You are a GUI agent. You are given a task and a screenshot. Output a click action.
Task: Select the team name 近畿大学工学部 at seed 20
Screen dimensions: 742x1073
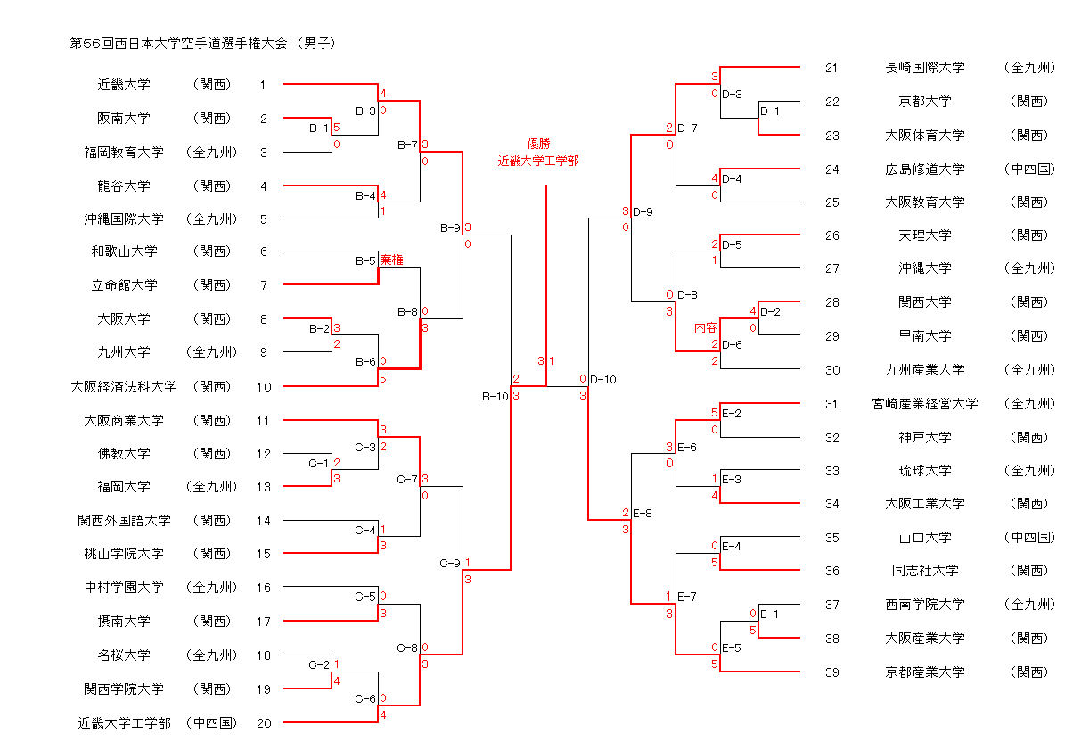point(124,723)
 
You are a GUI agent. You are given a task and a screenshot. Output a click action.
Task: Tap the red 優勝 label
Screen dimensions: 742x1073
point(538,144)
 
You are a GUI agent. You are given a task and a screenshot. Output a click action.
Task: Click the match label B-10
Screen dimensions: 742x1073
point(495,396)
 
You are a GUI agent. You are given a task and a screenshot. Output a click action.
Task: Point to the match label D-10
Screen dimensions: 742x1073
point(602,380)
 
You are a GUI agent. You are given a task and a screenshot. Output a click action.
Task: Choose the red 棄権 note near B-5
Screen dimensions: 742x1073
point(391,260)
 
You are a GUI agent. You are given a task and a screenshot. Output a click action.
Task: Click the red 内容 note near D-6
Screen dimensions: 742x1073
point(706,328)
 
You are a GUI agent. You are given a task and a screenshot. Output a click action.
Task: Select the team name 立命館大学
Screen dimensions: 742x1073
point(124,285)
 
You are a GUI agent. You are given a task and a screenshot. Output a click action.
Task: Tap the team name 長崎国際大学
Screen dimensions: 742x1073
point(925,67)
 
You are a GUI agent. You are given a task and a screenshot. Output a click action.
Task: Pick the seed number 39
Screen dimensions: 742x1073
point(831,672)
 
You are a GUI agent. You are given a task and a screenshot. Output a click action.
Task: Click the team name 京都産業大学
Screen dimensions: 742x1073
point(925,672)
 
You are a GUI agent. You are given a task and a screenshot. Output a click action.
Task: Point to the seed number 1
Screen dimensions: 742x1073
point(263,85)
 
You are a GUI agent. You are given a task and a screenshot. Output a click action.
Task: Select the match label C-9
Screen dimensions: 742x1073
point(450,564)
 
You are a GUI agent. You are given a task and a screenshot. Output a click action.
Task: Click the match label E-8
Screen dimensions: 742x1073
point(643,513)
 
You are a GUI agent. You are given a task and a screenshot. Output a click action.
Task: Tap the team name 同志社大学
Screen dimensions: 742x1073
point(925,571)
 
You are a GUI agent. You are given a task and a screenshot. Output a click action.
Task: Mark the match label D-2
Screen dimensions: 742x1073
point(771,311)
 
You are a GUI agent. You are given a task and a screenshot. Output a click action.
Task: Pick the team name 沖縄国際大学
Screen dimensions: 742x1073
point(124,218)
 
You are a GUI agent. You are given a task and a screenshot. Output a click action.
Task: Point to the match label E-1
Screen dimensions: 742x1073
point(770,614)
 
